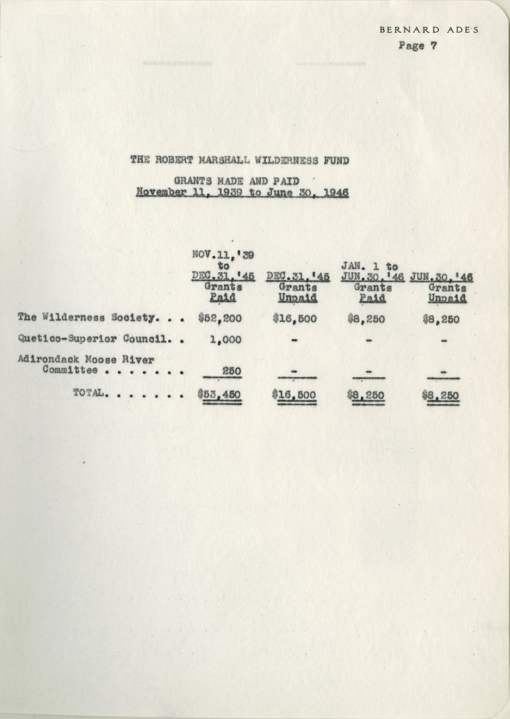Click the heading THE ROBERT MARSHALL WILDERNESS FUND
[240, 161]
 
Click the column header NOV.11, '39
[223, 255]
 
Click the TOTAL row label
[89, 393]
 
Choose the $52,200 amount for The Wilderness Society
[220, 319]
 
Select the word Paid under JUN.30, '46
[372, 298]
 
